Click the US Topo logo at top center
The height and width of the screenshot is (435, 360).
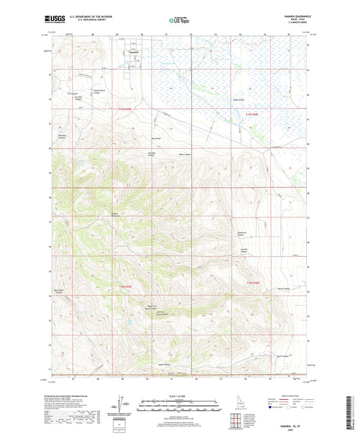[178, 21]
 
